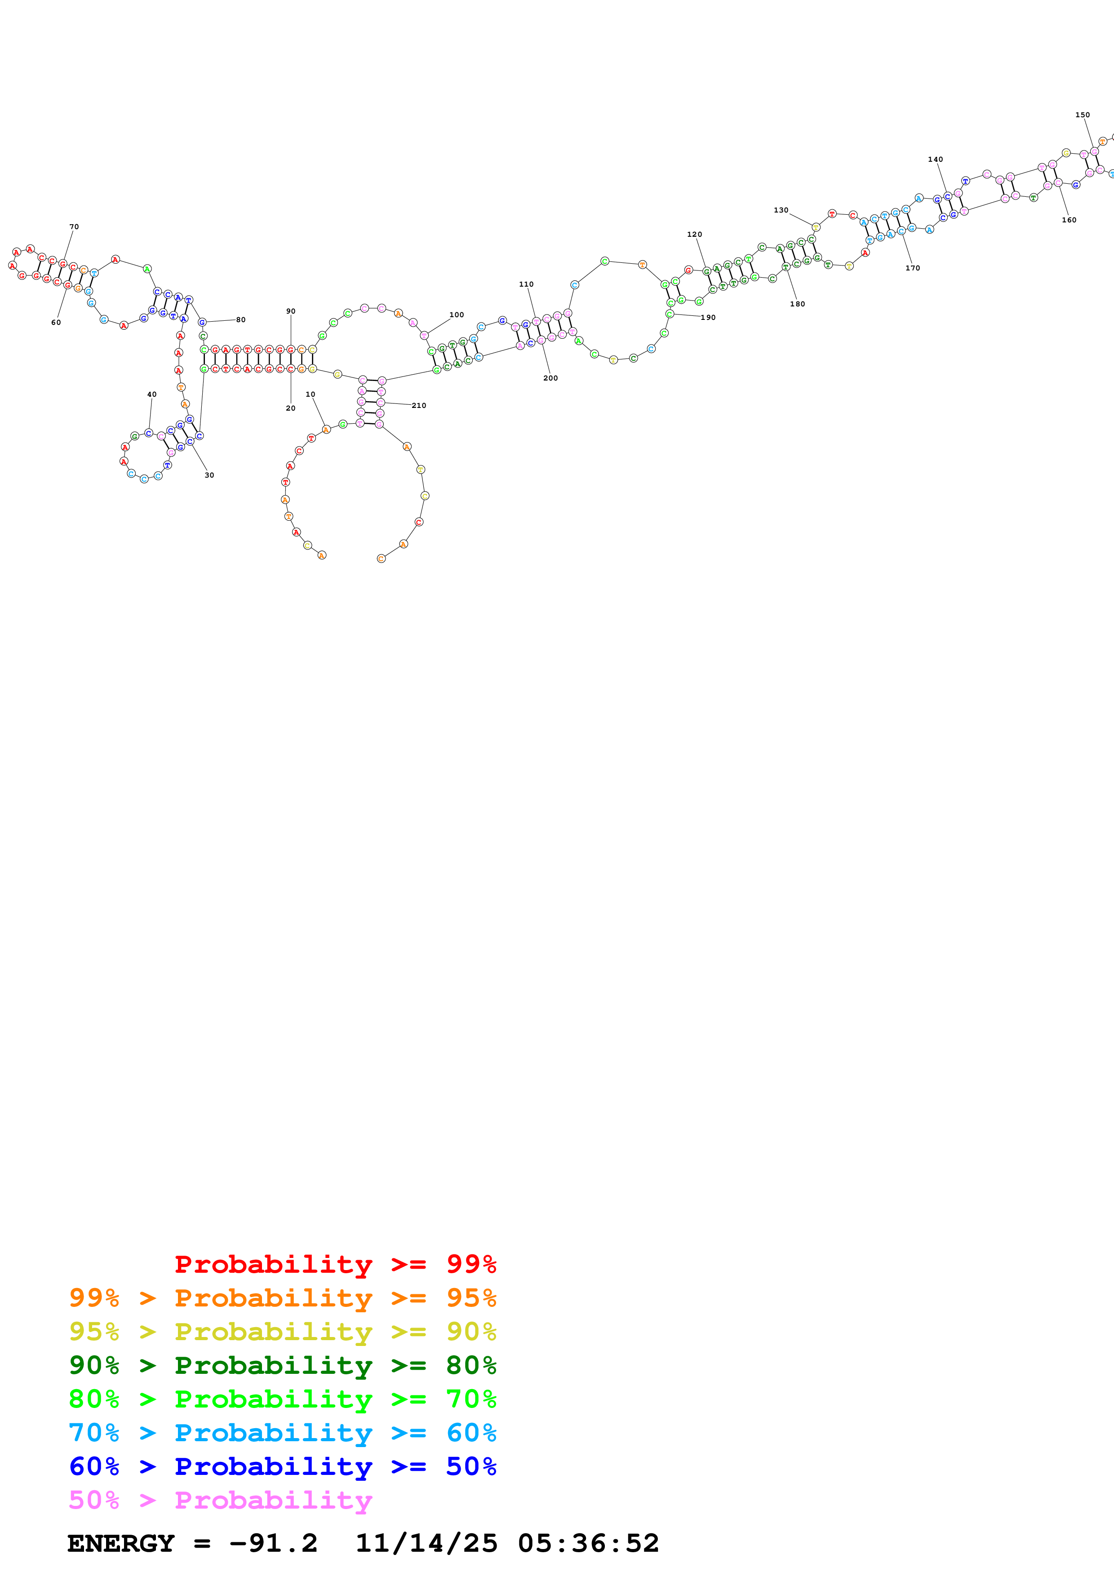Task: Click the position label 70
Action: (74, 226)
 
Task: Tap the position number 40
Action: (152, 395)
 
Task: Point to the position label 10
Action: (310, 395)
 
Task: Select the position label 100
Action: (457, 315)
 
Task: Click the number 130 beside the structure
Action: (781, 211)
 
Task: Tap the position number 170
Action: (912, 268)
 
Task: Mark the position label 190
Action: (708, 318)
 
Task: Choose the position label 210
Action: (419, 406)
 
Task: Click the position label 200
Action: (550, 378)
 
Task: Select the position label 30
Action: (209, 475)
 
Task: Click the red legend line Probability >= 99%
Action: (335, 1264)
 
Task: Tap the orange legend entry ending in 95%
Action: (282, 1298)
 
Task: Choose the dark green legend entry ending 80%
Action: (282, 1365)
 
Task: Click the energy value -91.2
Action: (273, 1543)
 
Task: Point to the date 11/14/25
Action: (426, 1543)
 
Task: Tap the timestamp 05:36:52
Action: (588, 1543)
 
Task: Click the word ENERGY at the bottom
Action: (121, 1543)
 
